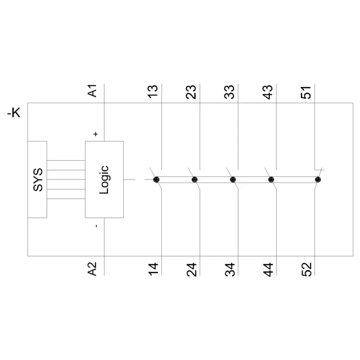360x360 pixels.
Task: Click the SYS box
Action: tap(37, 180)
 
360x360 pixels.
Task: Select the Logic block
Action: tap(104, 180)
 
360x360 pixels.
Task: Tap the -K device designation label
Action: tap(14, 113)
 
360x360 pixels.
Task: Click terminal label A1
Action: tap(92, 91)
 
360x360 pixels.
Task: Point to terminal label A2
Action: tap(92, 269)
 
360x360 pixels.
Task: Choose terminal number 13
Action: tap(153, 92)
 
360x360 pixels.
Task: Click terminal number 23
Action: tap(191, 92)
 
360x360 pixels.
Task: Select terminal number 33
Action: tap(230, 92)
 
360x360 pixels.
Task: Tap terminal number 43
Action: tap(268, 92)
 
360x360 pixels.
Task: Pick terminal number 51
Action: tap(306, 92)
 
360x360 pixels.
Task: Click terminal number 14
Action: tap(153, 269)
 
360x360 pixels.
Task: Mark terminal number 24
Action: tap(191, 269)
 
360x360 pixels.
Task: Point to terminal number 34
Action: tap(230, 269)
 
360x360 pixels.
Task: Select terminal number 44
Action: tap(268, 269)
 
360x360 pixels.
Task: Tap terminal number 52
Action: tap(306, 269)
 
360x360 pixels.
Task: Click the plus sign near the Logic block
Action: tap(96, 134)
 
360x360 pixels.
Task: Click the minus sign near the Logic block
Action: tap(96, 226)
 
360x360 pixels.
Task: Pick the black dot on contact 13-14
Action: tap(156, 180)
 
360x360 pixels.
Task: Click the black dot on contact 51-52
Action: tap(318, 180)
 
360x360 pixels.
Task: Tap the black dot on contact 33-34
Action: tap(233, 180)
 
